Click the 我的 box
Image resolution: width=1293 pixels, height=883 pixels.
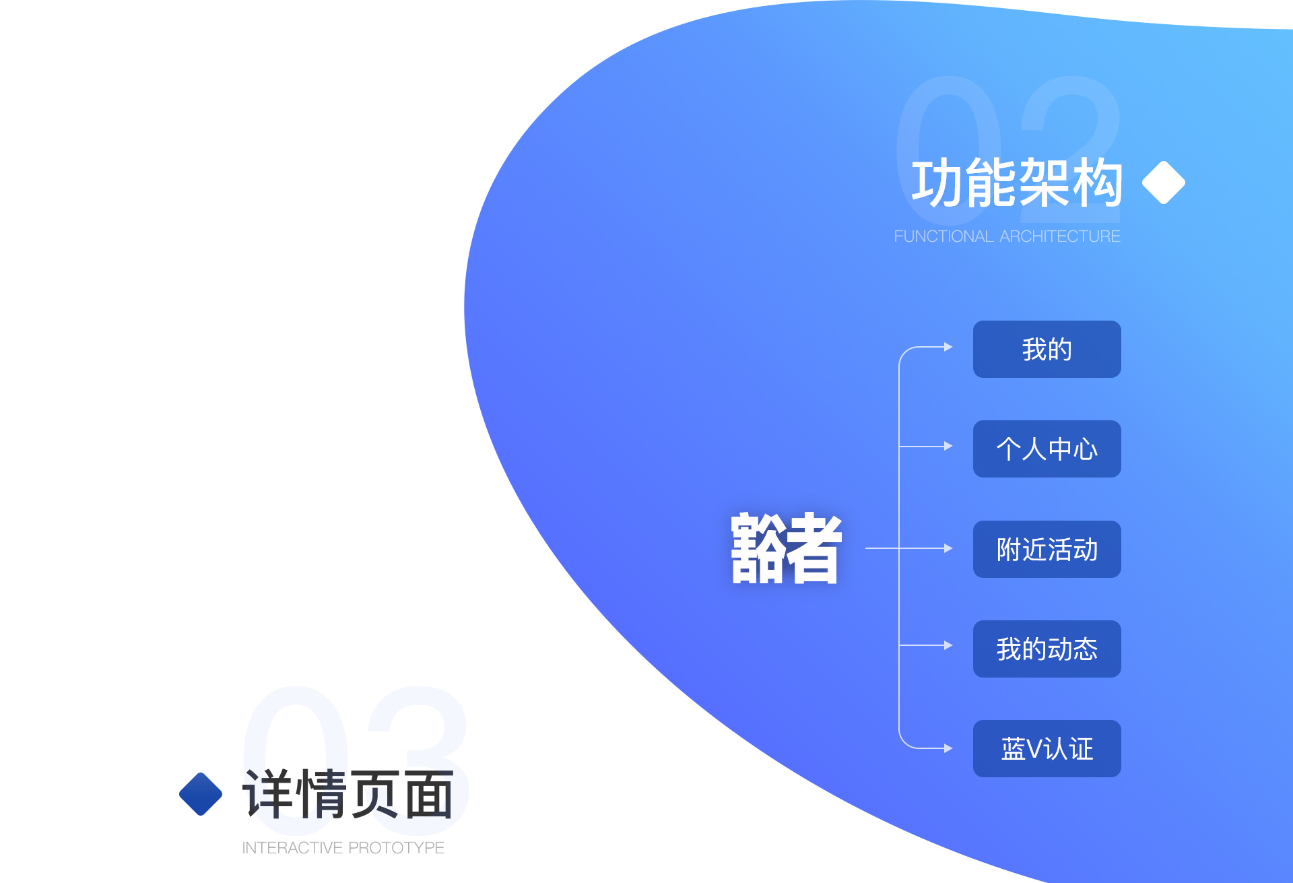coord(1047,349)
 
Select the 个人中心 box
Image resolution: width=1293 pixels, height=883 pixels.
coord(1047,449)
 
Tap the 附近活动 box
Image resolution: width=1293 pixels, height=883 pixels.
coord(1047,549)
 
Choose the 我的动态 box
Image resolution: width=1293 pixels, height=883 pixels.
coord(1047,649)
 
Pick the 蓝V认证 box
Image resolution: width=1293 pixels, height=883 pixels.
coord(1047,748)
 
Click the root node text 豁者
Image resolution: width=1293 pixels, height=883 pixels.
coord(787,548)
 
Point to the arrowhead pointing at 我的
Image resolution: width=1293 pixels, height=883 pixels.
coord(948,347)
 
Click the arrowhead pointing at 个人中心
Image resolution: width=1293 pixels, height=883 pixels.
coord(948,446)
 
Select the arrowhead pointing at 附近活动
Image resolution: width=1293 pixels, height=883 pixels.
coord(948,548)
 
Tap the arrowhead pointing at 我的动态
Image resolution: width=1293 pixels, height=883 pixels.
coord(948,645)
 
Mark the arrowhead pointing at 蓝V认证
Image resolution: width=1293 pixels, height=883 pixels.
coord(948,748)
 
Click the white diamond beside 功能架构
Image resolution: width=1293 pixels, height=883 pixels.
coord(1164,182)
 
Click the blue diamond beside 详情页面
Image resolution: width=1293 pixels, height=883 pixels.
coord(201,793)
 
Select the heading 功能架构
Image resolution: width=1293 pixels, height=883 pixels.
coord(1017,183)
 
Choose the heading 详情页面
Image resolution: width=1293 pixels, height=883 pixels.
coord(347,794)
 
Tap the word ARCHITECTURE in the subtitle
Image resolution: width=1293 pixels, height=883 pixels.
coord(1060,236)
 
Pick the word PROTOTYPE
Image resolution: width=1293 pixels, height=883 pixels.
coord(397,848)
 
